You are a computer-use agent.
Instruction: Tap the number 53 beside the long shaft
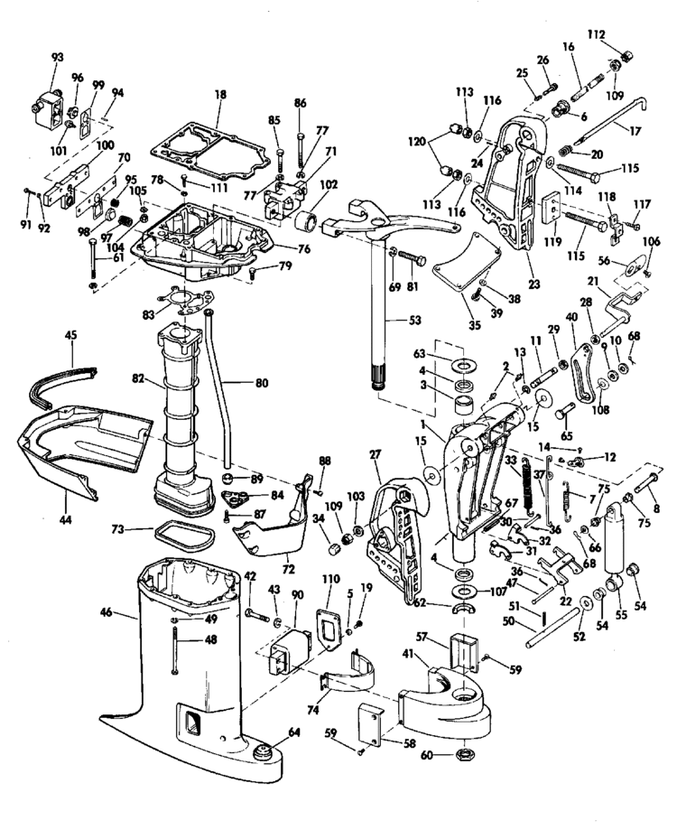click(x=390, y=320)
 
